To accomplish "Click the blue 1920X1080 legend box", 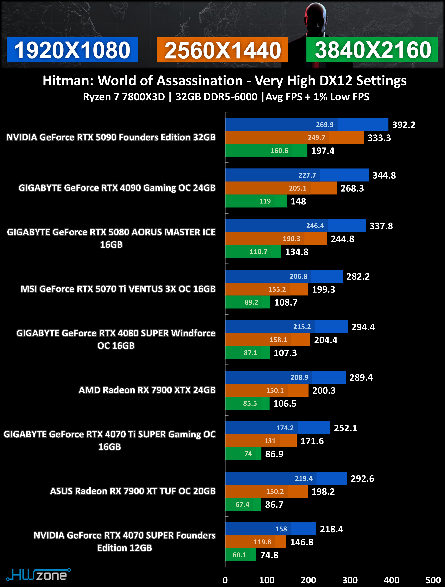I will coord(72,50).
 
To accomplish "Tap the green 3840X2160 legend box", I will coord(372,50).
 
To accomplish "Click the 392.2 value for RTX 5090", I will coord(404,125).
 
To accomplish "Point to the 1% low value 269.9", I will coord(325,125).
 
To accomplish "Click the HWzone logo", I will coord(38,575).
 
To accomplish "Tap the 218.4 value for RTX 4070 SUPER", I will coord(331,529).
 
